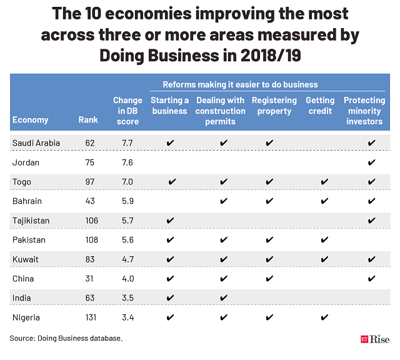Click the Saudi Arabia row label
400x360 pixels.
click(x=36, y=143)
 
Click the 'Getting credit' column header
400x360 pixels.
click(x=319, y=106)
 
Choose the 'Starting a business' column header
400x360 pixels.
click(x=169, y=106)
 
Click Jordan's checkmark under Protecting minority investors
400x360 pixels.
click(x=372, y=162)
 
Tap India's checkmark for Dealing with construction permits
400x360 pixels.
click(x=224, y=298)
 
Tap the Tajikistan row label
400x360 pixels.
click(x=31, y=221)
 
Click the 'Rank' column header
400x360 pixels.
click(x=88, y=120)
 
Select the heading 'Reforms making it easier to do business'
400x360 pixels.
click(x=240, y=84)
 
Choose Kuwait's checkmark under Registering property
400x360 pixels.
click(x=269, y=259)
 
